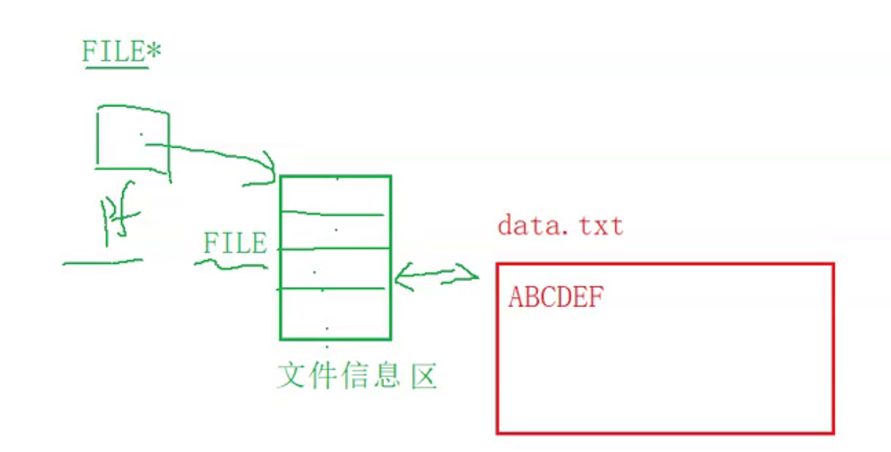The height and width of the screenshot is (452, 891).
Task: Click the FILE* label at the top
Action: tap(121, 52)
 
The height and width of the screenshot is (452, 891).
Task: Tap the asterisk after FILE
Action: tap(153, 51)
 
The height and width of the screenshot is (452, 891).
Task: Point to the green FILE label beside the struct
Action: tap(234, 243)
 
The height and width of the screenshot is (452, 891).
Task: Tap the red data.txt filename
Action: tap(560, 226)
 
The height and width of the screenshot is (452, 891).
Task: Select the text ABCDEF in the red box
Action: tap(555, 298)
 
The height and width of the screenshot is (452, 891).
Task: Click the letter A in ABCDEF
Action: tap(516, 298)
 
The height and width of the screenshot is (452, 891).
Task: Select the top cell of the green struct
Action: tap(335, 194)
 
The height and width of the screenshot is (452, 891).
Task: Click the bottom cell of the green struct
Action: tap(335, 314)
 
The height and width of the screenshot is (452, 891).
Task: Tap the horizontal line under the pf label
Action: tap(102, 262)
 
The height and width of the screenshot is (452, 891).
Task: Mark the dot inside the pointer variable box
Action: tap(140, 136)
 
